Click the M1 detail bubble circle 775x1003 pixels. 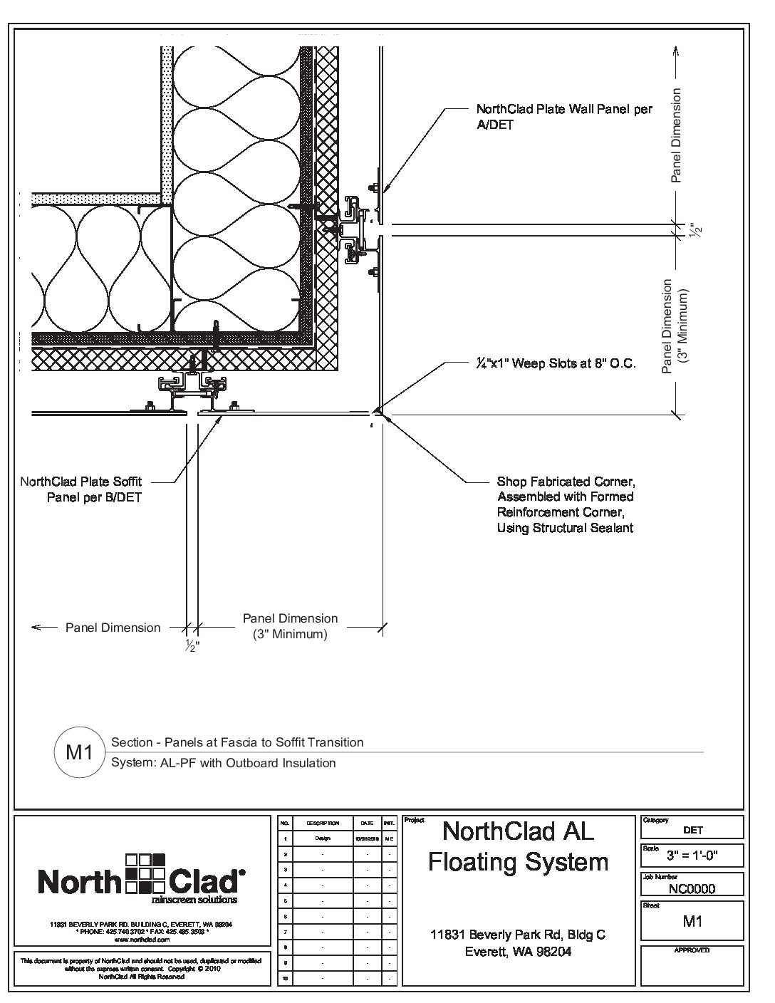pos(80,752)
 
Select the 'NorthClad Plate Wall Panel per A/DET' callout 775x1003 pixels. pos(563,117)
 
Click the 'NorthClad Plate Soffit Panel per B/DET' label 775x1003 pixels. pos(80,489)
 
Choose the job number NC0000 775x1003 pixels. pos(692,888)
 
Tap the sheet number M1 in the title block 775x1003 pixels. pos(692,921)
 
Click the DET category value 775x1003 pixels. pos(692,830)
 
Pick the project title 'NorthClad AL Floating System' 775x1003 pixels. pos(518,846)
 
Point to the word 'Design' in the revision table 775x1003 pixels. pos(322,838)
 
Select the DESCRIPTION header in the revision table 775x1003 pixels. pos(322,823)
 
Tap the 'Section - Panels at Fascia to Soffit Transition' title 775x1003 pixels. pos(237,742)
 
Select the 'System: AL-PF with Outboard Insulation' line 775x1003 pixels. pos(224,763)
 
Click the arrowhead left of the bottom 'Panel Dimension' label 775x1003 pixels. pos(36,628)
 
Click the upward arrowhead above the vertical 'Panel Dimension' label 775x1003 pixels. pos(676,50)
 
